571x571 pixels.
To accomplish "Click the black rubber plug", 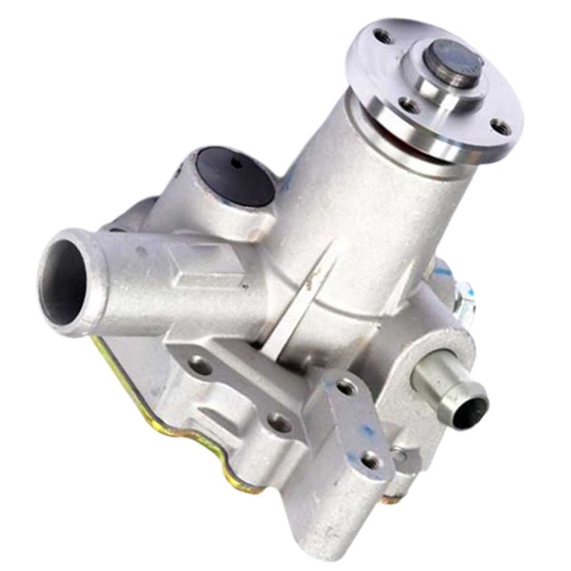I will click(x=234, y=177).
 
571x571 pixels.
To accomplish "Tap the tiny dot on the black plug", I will click(x=236, y=166).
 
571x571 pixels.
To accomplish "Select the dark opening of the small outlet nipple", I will click(x=468, y=413).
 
